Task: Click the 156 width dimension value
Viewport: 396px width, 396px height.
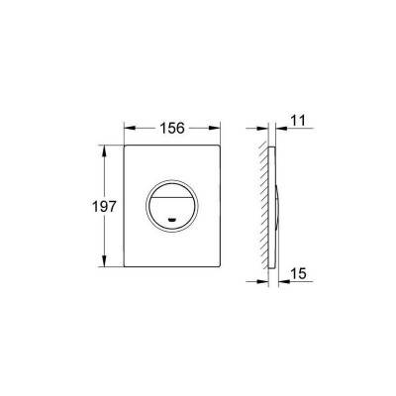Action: pos(172,128)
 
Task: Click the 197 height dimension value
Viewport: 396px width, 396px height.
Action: pos(104,207)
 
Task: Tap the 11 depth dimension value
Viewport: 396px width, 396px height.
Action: pos(298,121)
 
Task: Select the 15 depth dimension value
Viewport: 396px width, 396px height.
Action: pos(298,273)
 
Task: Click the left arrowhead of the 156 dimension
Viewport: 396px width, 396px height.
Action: pos(130,128)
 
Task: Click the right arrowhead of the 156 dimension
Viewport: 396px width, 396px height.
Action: pos(214,128)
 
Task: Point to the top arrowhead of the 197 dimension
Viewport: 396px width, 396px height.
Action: pos(105,150)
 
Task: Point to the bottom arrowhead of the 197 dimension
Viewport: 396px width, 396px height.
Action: pos(105,260)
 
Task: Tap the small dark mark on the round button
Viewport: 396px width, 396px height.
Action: pos(172,219)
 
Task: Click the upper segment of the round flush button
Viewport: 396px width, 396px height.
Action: pos(172,189)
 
